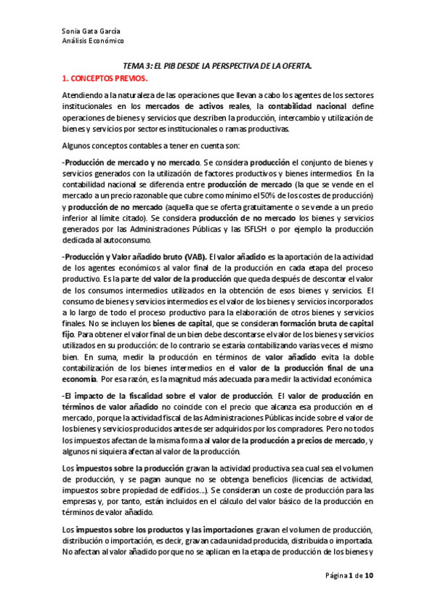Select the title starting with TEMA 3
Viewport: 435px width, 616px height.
point(216,65)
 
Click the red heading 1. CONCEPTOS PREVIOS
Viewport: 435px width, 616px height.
point(105,76)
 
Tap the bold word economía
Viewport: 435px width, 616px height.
point(78,378)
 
